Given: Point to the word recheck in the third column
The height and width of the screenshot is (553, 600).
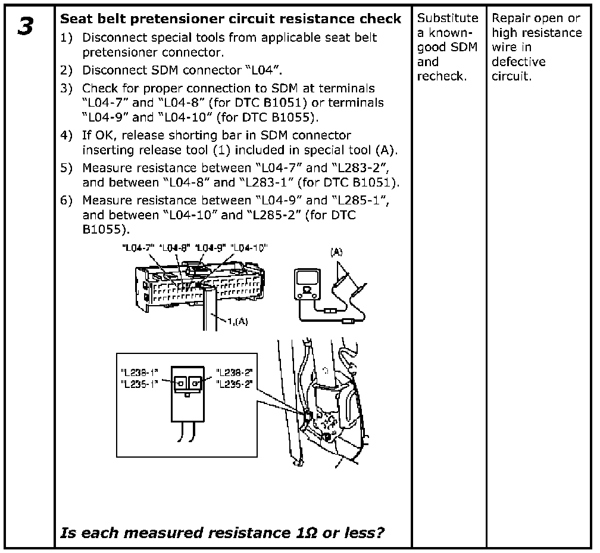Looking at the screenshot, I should tap(441, 76).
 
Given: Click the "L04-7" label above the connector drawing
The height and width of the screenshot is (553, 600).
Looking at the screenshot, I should tap(137, 247).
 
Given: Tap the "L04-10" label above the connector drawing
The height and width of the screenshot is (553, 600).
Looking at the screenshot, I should tap(249, 247).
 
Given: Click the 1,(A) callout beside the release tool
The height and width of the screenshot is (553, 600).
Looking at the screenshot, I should tap(238, 322).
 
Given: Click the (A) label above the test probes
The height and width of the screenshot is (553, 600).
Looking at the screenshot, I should tap(336, 252).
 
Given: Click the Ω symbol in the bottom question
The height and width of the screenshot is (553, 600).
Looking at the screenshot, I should tap(302, 532).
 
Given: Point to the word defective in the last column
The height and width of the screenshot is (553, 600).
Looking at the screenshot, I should tap(518, 62).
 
